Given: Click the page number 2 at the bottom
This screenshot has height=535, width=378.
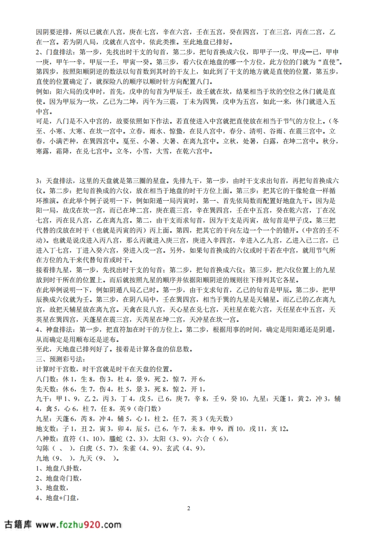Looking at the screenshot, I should point(189,508).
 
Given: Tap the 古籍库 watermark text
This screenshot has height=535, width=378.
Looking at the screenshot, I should point(18,524).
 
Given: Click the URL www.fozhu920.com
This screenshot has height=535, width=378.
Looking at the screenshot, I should point(78,524).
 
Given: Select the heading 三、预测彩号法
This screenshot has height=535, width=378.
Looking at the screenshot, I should point(60,358).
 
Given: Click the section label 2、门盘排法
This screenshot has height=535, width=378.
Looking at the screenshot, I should point(55,52).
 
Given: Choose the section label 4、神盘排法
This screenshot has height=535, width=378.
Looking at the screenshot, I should point(55,329).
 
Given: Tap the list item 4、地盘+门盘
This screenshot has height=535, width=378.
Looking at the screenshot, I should point(57,499).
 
